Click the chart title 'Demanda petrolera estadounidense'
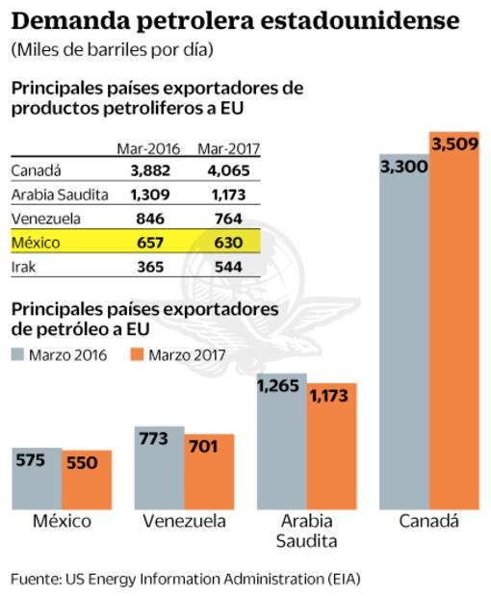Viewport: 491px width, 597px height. (235, 21)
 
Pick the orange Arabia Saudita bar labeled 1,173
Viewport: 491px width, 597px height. (331, 448)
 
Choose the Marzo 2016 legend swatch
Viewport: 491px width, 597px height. (17, 354)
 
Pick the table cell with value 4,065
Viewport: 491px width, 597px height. (227, 171)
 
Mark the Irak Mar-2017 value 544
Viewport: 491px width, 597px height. (227, 266)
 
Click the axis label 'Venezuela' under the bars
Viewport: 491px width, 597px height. (184, 522)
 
